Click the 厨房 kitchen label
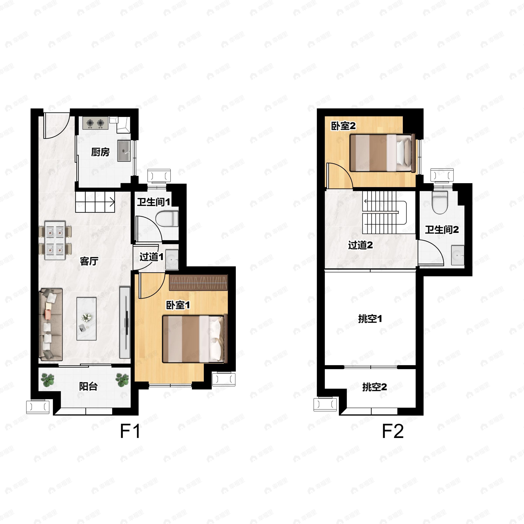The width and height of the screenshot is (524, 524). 100,152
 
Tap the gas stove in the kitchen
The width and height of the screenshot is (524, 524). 95,123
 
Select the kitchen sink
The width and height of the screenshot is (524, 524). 124,151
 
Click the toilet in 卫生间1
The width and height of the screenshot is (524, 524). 167,219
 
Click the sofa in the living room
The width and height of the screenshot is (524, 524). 51,324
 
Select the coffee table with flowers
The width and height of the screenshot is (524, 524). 86,319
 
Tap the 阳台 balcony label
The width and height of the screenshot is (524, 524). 88,386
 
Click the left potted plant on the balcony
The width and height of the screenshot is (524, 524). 48,380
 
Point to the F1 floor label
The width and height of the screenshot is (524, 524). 130,431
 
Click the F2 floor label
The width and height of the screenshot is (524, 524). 393,431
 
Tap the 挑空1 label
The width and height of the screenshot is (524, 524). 370,319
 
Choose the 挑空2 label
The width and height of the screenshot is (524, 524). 375,387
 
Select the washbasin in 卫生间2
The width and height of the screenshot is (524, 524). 458,255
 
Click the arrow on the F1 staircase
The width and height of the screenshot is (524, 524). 112,202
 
